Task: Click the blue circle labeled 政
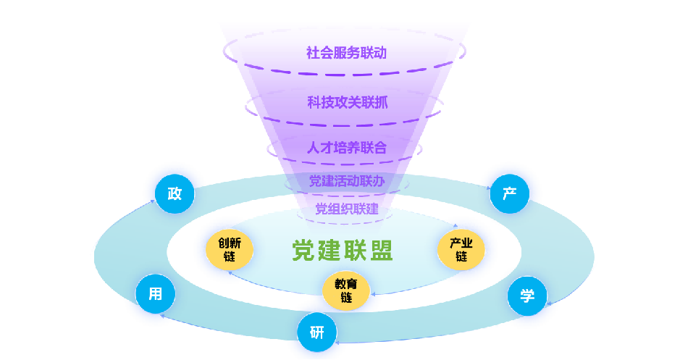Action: [x=175, y=194]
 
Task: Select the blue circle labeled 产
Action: [x=509, y=194]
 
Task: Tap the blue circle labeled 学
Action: [x=526, y=296]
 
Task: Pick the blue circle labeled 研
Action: [x=317, y=332]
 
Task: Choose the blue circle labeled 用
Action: [x=155, y=294]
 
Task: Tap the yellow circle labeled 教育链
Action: [x=345, y=290]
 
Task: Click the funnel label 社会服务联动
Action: [x=346, y=53]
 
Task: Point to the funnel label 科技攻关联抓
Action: [x=347, y=103]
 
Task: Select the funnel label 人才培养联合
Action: [x=346, y=148]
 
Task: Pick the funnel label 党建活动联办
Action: [x=346, y=181]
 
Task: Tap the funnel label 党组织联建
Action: [x=346, y=209]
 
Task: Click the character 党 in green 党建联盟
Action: [x=304, y=251]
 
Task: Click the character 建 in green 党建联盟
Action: [x=329, y=251]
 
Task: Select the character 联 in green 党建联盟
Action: [x=355, y=251]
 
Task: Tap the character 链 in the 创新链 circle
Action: [x=230, y=257]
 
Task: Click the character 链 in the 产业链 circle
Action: [x=461, y=257]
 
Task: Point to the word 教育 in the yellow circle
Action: [x=345, y=284]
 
